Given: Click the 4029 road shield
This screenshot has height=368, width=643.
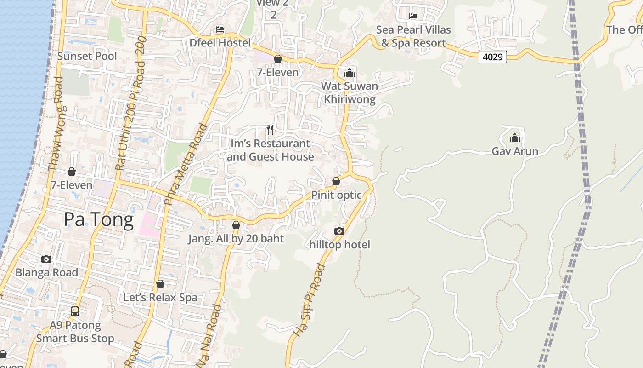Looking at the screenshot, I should (492, 57).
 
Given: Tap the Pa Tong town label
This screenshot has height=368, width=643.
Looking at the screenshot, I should (99, 219).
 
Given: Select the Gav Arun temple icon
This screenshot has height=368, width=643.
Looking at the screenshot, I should (514, 138).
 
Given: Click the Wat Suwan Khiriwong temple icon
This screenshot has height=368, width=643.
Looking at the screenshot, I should (350, 72).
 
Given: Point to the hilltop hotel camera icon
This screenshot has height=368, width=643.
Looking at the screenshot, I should (339, 231).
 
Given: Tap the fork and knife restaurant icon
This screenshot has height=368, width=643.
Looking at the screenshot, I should (270, 130).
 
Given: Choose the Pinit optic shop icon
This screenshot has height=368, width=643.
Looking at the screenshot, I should (336, 181).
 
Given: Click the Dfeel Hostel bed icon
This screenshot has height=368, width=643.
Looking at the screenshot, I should (220, 29).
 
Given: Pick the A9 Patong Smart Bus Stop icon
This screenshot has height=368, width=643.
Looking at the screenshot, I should (75, 311).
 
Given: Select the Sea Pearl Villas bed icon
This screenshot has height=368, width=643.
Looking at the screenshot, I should (413, 16).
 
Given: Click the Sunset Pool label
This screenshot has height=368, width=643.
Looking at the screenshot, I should (87, 56).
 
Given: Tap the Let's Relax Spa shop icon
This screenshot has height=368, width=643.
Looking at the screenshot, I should (160, 284).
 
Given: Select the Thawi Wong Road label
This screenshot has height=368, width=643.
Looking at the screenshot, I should (55, 124).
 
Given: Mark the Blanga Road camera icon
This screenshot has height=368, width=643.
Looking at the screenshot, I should (46, 259).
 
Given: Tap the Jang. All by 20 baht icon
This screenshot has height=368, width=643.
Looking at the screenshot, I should (236, 225).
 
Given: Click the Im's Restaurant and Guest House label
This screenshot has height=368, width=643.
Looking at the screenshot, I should (271, 150).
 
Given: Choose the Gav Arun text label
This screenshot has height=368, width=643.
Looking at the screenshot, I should (515, 151).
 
